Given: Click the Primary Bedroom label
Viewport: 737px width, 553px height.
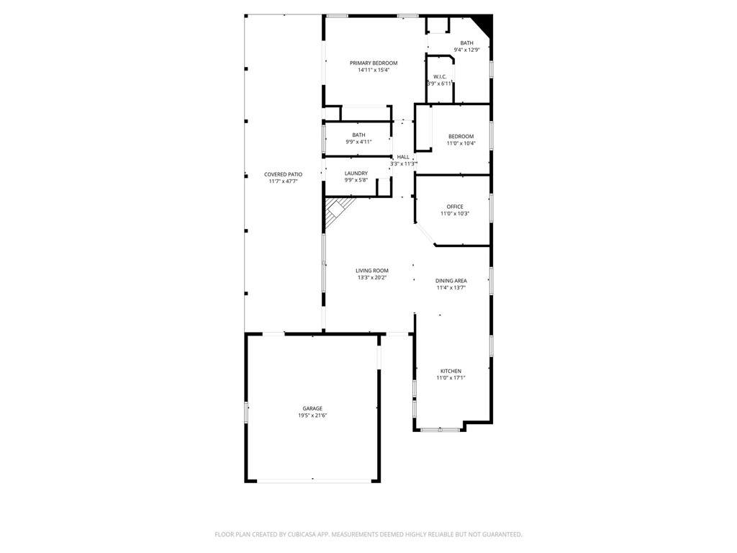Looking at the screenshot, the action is tap(374, 63).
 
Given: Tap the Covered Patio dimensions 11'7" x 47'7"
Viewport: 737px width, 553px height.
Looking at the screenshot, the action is tap(284, 181).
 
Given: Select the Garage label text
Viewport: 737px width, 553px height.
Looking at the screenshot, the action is tap(312, 409).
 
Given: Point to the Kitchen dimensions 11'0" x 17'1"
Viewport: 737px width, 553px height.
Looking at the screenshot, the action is tap(451, 377).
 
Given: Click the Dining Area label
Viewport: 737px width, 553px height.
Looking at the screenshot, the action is tap(451, 281).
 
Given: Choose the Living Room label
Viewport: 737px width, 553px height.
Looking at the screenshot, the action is tap(372, 271).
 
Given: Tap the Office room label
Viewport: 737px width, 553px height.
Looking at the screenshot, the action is tap(455, 207).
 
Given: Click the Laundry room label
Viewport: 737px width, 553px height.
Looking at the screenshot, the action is tap(356, 173).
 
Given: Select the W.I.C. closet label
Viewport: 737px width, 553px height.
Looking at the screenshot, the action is tap(440, 76).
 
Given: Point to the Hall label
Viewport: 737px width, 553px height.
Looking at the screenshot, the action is tap(403, 156).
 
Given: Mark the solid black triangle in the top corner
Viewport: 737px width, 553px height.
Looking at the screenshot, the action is tap(485, 24).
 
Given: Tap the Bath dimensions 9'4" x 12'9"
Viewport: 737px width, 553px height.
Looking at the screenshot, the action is tap(466, 50).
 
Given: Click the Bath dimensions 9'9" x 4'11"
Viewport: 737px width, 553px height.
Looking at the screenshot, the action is tap(358, 142).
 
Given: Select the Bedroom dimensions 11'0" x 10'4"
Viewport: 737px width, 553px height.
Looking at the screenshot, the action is tap(461, 143).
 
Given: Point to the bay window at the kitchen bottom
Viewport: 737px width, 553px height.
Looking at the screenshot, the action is tap(440, 429).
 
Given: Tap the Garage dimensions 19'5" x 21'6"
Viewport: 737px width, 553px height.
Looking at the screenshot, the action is tap(312, 415).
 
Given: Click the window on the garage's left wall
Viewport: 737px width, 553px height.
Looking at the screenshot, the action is tap(246, 413).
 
